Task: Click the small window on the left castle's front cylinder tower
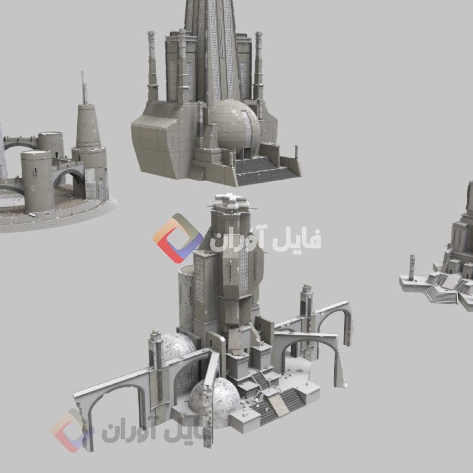(35, 171)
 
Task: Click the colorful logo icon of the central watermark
(178, 238)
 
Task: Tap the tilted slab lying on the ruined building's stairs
(278, 404)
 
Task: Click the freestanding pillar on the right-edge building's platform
(412, 267)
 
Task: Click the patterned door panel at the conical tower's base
(100, 189)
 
